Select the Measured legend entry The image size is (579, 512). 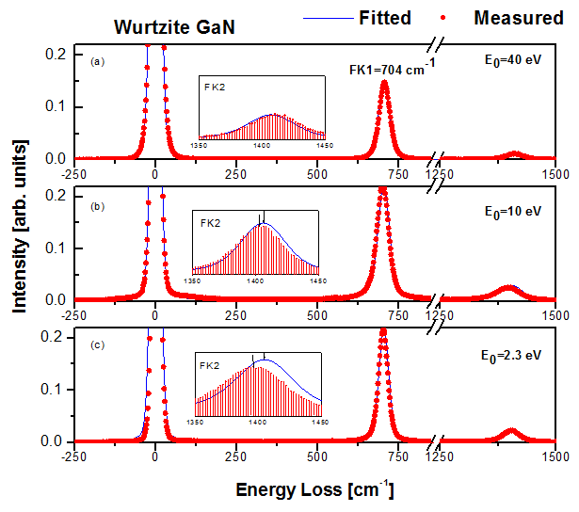pos(519,18)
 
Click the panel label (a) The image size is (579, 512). pos(96,62)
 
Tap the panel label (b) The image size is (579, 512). pos(96,204)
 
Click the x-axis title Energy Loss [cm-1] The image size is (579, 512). pos(314,490)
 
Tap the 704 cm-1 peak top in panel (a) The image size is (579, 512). pos(384,82)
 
